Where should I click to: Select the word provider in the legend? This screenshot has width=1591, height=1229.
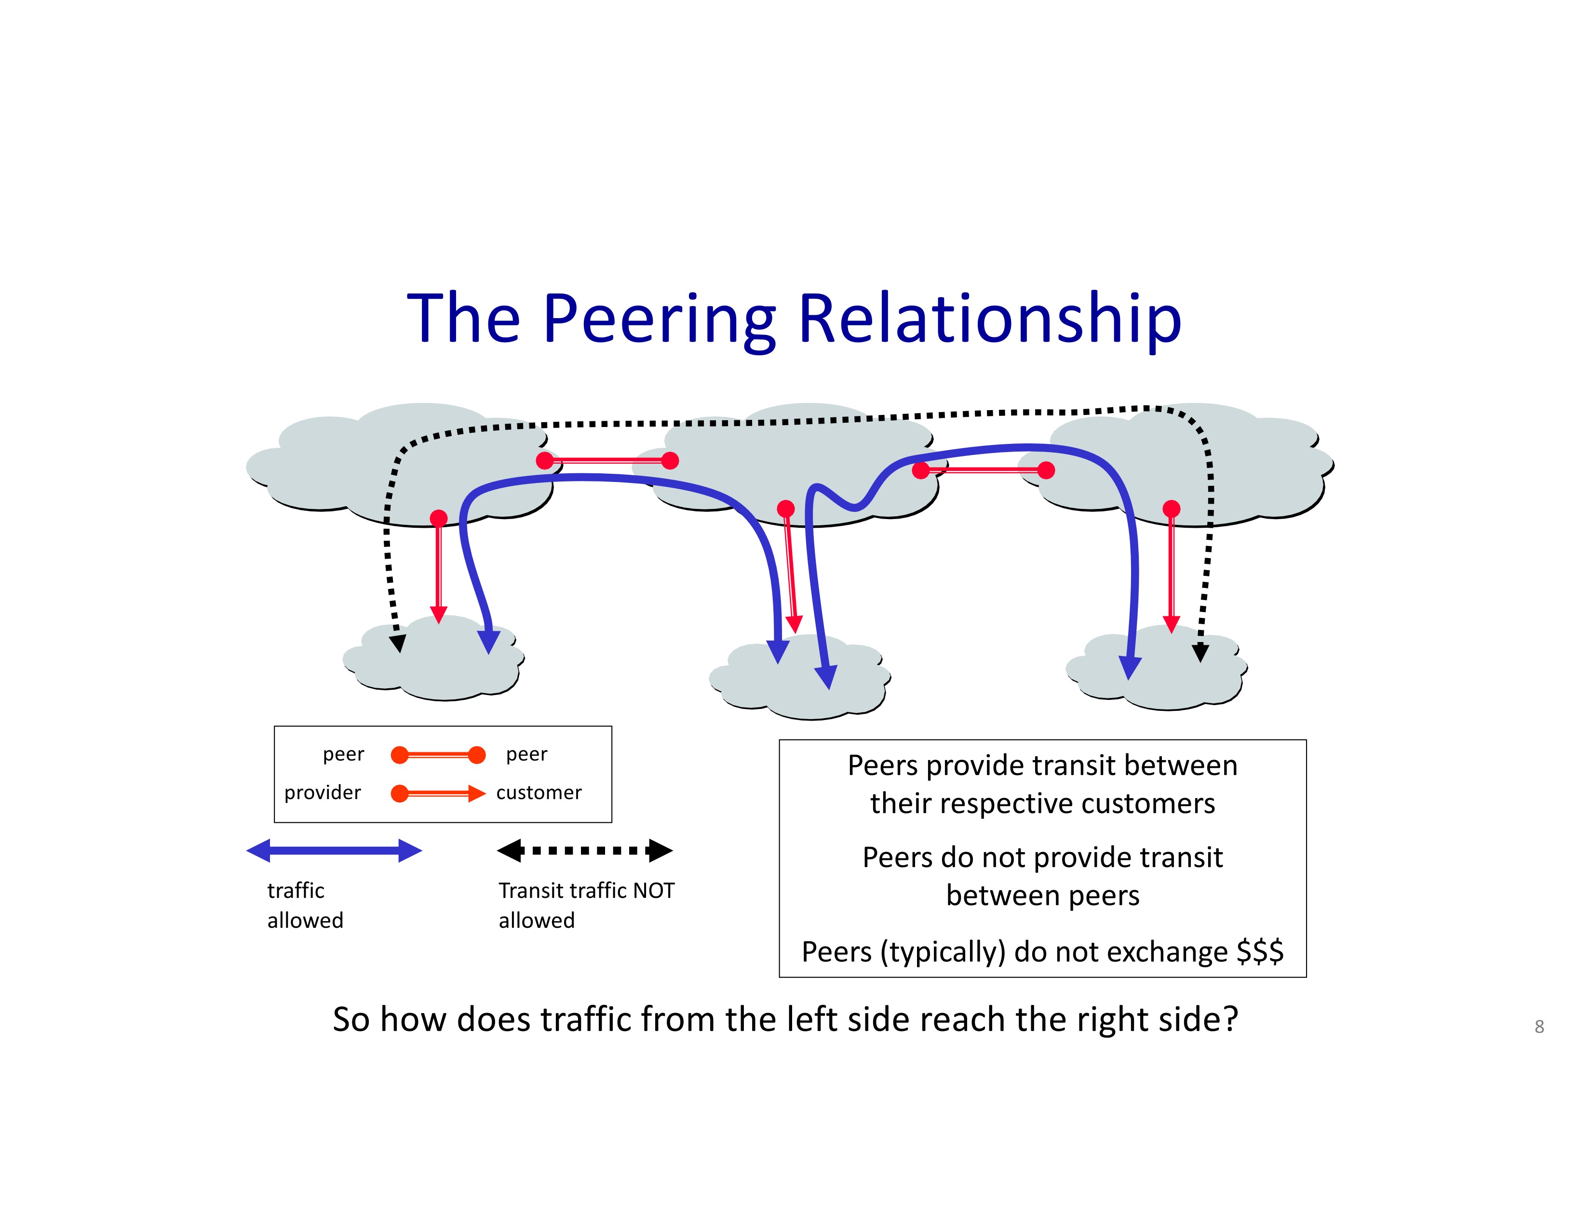pyautogui.click(x=323, y=793)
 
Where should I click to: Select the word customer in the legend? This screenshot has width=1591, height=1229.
pyautogui.click(x=539, y=792)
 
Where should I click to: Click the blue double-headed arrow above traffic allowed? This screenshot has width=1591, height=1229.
pyautogui.click(x=335, y=850)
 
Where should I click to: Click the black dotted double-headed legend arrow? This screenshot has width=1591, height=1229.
pyautogui.click(x=585, y=850)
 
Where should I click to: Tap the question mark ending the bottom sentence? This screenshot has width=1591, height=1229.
pyautogui.click(x=1230, y=1019)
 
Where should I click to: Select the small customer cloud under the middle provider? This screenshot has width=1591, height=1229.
pyautogui.click(x=800, y=677)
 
